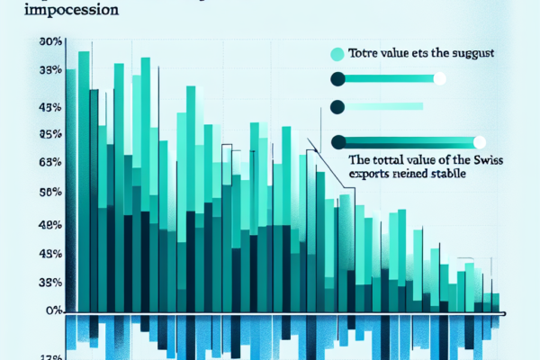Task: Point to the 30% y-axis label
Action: pos(50,42)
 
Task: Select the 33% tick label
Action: pos(50,70)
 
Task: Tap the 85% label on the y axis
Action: pos(50,134)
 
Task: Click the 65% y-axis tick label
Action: pos(50,163)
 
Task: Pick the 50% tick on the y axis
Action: pos(50,193)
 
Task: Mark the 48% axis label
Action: pos(50,223)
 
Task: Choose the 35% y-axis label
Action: pos(50,283)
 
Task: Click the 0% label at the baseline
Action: pos(53,310)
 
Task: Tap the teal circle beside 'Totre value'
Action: pos(338,53)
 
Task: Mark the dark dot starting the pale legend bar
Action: pos(338,107)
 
